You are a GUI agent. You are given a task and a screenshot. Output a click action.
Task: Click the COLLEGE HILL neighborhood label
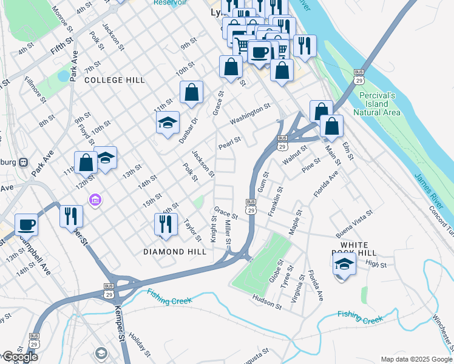115,80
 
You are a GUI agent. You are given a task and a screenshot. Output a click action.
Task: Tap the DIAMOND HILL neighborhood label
172,251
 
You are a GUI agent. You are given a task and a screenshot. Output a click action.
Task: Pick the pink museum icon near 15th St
95,200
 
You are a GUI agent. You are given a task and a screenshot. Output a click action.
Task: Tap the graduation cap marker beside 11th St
168,123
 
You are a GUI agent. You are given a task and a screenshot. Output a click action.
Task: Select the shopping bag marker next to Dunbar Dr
191,93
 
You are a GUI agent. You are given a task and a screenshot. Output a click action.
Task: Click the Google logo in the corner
20,357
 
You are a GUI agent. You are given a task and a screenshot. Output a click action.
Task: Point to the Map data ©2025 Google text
416,359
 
